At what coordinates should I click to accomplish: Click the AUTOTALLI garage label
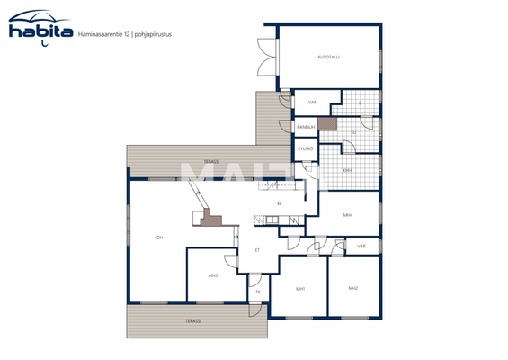(x=329, y=58)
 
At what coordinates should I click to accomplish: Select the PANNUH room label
(x=305, y=128)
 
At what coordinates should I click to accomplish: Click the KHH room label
(x=347, y=169)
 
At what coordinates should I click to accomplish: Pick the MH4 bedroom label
(x=347, y=216)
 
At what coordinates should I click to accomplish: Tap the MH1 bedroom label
(x=300, y=289)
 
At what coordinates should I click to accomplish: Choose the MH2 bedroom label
(x=353, y=288)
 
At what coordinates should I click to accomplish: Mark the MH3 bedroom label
(x=213, y=274)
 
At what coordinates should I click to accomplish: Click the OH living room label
(x=159, y=238)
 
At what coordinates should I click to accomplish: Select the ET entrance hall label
(x=257, y=250)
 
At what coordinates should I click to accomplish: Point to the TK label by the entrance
(x=257, y=292)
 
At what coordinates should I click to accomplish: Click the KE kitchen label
(x=280, y=203)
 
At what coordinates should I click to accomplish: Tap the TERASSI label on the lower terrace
(x=192, y=320)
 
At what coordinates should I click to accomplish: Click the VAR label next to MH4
(x=361, y=246)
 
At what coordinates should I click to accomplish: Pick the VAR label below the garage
(x=312, y=103)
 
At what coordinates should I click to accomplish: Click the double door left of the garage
(x=266, y=59)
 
